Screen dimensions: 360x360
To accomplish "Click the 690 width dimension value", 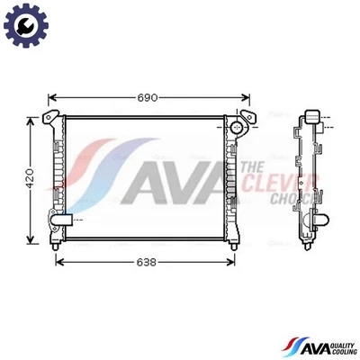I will (x=147, y=97).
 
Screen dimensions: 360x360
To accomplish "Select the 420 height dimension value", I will (x=29, y=178).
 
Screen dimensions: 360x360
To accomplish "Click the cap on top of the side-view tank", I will (x=312, y=116).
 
